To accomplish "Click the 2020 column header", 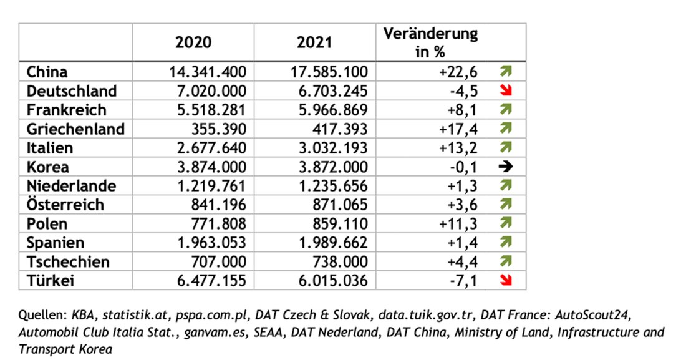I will click(193, 42).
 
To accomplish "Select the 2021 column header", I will click(315, 42).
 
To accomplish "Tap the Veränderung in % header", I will click(430, 42).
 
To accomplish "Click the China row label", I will click(47, 72).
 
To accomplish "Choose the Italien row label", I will click(50, 148).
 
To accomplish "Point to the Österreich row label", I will click(65, 205).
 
